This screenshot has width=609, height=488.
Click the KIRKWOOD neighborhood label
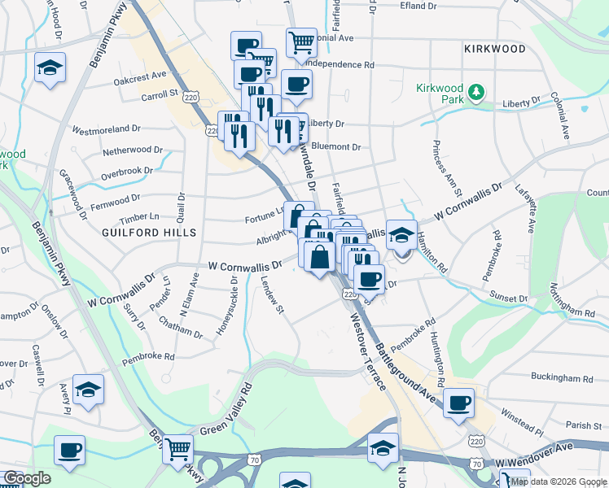pos(495,49)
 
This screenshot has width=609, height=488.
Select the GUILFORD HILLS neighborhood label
pos(150,233)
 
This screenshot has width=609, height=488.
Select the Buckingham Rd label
pos(562,378)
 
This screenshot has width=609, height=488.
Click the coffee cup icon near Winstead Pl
pos(459,402)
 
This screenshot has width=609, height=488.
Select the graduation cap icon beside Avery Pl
pos(88,389)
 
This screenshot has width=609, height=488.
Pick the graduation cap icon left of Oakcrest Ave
pos(50,68)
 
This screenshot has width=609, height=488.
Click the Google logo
pos(27,478)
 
